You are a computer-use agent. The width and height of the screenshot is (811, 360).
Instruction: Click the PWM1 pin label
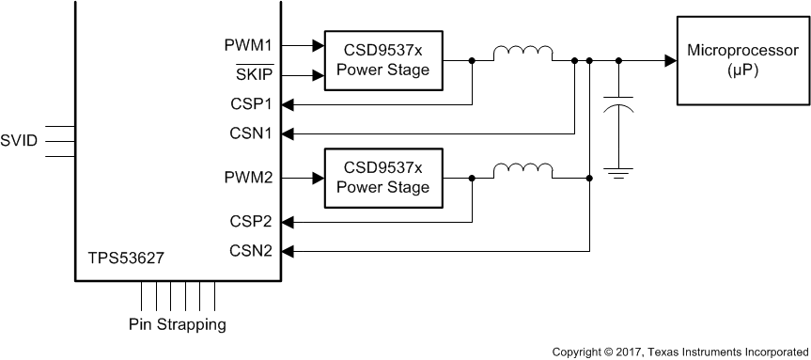(x=247, y=43)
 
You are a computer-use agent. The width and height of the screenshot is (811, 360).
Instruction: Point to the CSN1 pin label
(x=249, y=133)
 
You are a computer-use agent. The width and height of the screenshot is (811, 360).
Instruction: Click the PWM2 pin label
(x=247, y=177)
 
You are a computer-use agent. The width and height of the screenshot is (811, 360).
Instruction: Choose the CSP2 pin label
(x=249, y=222)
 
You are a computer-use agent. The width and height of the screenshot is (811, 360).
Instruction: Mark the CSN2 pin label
(x=249, y=251)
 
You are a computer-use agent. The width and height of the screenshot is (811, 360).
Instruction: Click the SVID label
(x=20, y=141)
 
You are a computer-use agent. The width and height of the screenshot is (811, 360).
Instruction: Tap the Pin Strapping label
(x=178, y=325)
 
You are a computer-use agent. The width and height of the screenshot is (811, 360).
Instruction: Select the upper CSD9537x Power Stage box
(x=383, y=59)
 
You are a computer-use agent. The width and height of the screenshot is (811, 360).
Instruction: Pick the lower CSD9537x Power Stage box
(x=383, y=177)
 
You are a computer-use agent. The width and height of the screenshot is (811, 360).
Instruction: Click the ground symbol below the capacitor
(x=618, y=171)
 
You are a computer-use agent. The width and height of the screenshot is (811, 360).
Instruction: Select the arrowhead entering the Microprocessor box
(x=669, y=60)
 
